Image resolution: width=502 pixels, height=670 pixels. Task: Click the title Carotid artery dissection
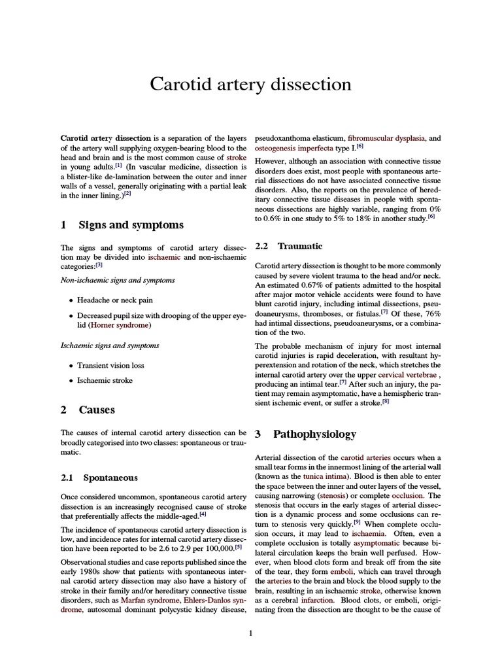(250, 84)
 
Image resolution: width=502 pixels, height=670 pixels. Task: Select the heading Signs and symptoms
(131, 225)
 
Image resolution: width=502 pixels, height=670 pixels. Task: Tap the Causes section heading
(96, 410)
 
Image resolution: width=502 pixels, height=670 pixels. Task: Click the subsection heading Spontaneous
(110, 478)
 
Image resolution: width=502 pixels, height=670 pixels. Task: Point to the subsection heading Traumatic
(299, 246)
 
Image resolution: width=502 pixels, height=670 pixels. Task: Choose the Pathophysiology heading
(314, 434)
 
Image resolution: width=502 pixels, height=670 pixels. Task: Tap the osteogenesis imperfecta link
(294, 149)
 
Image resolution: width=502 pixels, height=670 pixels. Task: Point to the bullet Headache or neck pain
(114, 300)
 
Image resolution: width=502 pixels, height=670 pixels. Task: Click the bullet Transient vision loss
(110, 366)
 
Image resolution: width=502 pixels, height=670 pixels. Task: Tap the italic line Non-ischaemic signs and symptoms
(118, 280)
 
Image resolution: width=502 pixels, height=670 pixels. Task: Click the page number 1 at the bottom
(250, 632)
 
